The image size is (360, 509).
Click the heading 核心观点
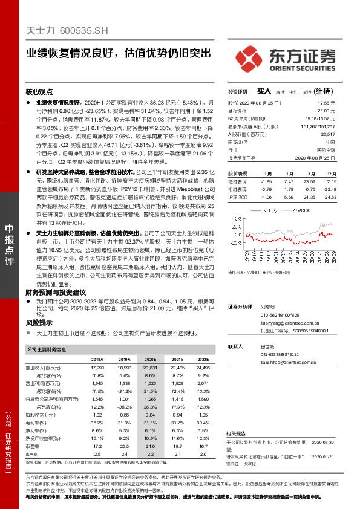click(x=39, y=91)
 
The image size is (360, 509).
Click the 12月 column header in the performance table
click(x=330, y=173)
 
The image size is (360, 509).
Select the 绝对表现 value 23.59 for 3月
click(x=309, y=181)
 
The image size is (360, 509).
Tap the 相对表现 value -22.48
click(x=329, y=189)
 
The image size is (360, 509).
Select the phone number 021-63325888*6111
click(x=280, y=354)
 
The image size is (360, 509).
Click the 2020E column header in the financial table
click(x=150, y=359)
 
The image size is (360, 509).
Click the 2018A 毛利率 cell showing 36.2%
click(x=95, y=422)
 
